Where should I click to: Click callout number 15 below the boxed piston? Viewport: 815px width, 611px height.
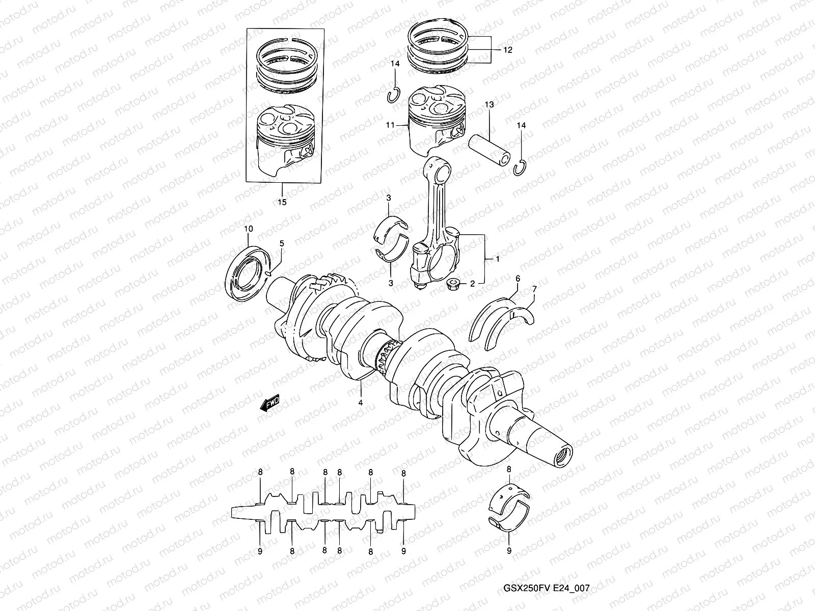coord(282,202)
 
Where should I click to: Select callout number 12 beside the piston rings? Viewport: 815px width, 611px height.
coord(508,50)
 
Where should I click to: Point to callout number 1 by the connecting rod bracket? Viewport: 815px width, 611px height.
coord(498,259)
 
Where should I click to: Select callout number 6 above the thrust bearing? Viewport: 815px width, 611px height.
coord(518,279)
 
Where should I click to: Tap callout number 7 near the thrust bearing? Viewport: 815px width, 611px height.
coord(534,290)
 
